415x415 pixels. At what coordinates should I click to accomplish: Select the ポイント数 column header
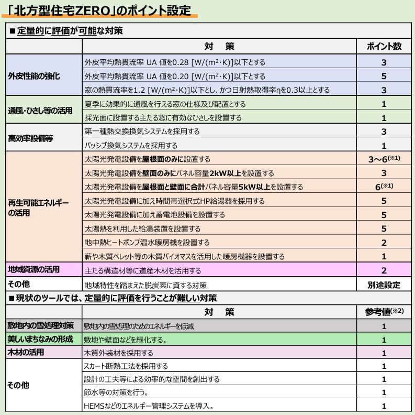384,46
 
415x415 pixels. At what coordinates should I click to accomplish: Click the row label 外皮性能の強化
33,76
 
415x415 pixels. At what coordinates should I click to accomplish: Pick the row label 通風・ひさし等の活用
37,111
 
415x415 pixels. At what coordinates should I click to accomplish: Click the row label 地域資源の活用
33,270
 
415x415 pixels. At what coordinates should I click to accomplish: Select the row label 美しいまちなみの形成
40,339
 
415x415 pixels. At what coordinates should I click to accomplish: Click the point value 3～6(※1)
384,158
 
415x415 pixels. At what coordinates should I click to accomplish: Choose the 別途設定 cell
384,285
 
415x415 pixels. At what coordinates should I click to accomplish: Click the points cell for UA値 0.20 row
384,76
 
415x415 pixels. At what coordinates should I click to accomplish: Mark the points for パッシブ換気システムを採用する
384,145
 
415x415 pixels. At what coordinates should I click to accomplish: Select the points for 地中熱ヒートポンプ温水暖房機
384,242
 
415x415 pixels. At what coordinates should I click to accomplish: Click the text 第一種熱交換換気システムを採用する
142,132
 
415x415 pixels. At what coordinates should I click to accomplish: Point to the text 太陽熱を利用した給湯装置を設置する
142,228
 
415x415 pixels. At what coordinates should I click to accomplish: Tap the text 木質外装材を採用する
119,353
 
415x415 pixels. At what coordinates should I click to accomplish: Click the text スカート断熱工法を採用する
126,366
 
